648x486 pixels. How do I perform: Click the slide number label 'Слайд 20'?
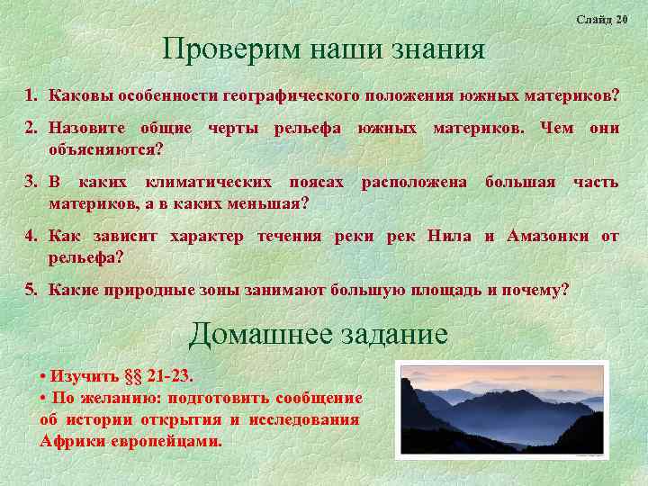(x=601, y=19)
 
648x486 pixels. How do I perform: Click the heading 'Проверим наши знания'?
(x=323, y=49)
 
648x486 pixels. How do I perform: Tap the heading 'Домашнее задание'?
(x=318, y=335)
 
